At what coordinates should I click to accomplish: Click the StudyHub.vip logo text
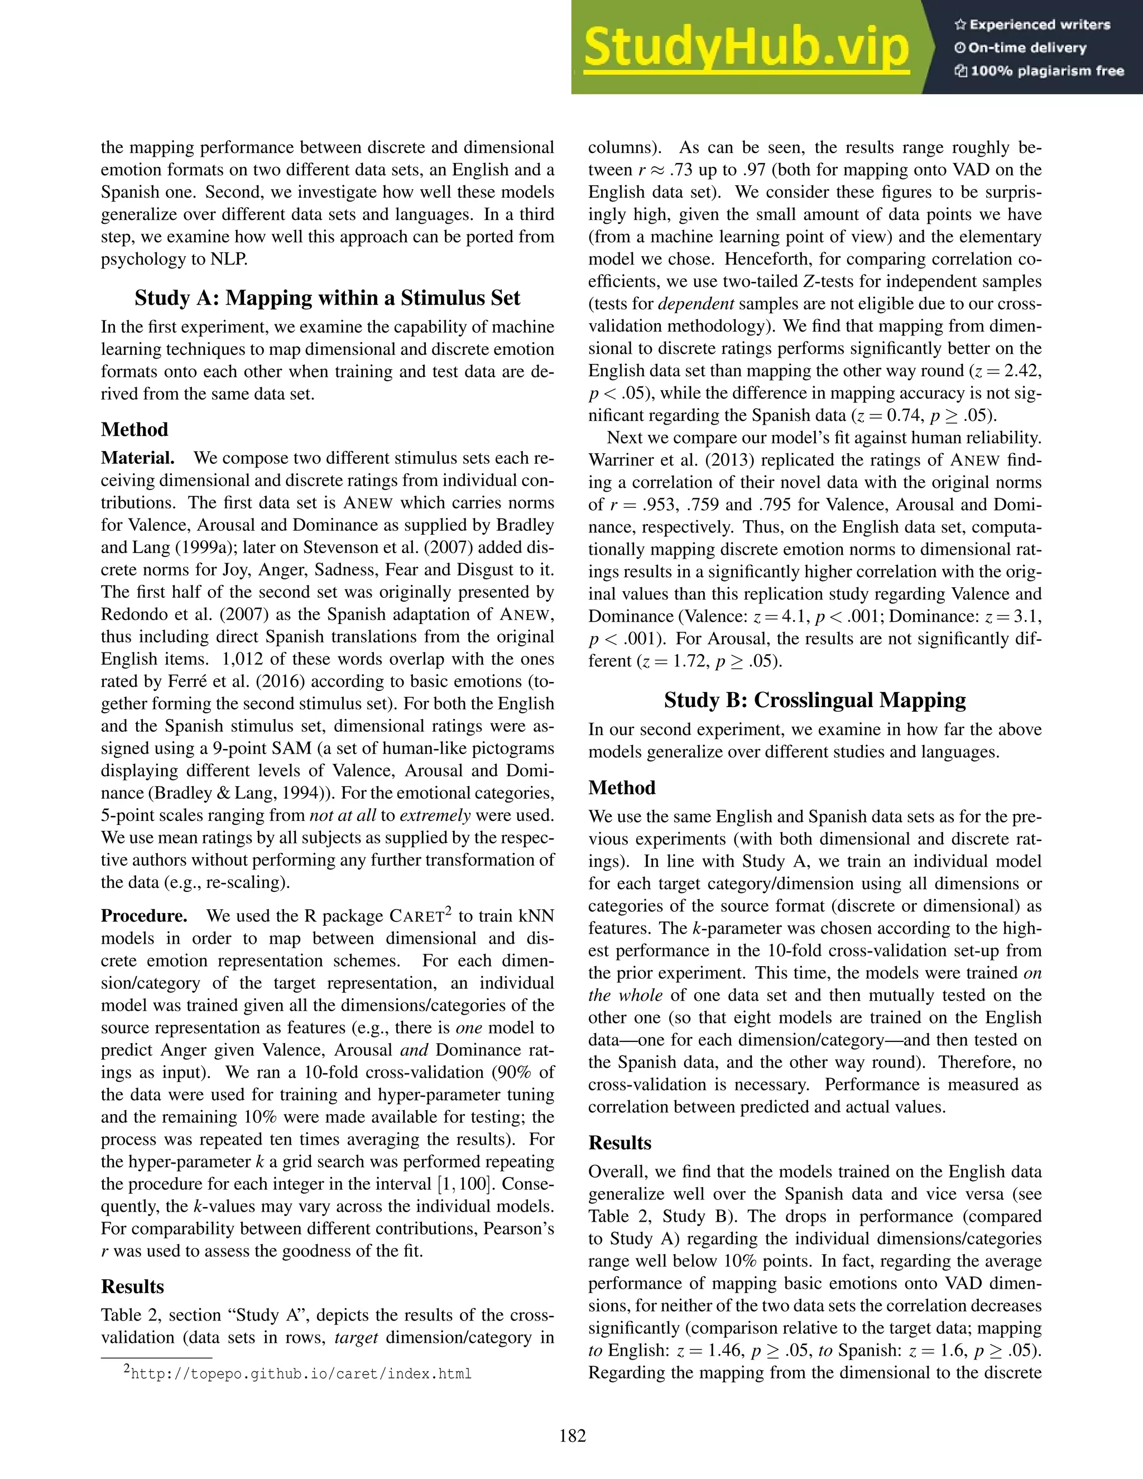coord(746,47)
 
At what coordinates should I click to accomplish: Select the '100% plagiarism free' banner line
coord(1039,71)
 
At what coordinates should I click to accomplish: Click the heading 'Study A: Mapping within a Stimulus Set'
coord(327,298)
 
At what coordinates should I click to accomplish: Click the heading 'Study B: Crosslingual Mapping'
coord(815,699)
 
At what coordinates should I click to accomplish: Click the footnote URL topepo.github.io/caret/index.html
coord(301,1374)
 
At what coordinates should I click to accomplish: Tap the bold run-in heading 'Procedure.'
coord(144,916)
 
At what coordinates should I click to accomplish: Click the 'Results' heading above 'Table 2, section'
coord(132,1286)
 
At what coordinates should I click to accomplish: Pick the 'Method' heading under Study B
coord(622,787)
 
